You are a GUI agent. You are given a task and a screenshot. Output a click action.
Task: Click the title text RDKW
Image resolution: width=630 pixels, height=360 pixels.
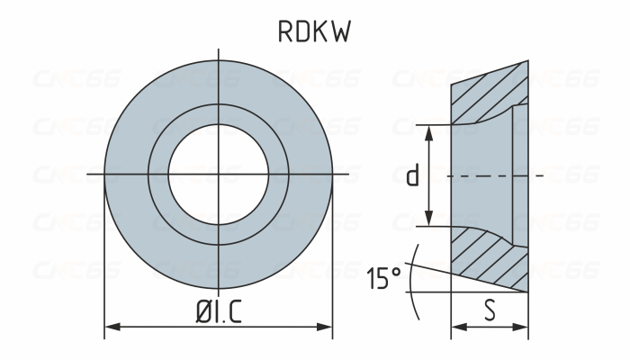click(313, 31)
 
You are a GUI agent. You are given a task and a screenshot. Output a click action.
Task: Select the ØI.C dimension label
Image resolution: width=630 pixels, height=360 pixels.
click(218, 310)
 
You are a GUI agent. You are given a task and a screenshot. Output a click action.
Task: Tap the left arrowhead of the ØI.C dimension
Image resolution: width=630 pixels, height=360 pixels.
click(110, 327)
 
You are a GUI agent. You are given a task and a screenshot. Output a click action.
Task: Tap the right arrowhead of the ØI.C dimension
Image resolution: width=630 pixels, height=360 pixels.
click(328, 327)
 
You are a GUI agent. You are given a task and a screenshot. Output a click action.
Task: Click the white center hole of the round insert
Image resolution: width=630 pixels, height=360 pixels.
click(219, 172)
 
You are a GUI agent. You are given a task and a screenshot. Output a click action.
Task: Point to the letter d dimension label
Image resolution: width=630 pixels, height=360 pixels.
click(412, 175)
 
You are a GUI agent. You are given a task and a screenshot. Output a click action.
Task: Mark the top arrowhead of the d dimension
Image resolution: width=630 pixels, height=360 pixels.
click(430, 130)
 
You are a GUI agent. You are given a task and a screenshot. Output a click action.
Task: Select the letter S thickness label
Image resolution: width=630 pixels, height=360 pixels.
click(489, 310)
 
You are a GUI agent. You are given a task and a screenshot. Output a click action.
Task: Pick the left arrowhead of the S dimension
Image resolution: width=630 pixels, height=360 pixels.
click(454, 327)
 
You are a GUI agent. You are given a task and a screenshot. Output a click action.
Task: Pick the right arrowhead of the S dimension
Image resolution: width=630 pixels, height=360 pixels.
click(523, 327)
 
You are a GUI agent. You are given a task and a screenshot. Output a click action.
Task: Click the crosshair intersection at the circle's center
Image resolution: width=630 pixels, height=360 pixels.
click(219, 172)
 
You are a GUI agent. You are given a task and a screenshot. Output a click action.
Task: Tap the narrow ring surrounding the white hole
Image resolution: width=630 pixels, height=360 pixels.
click(219, 114)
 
